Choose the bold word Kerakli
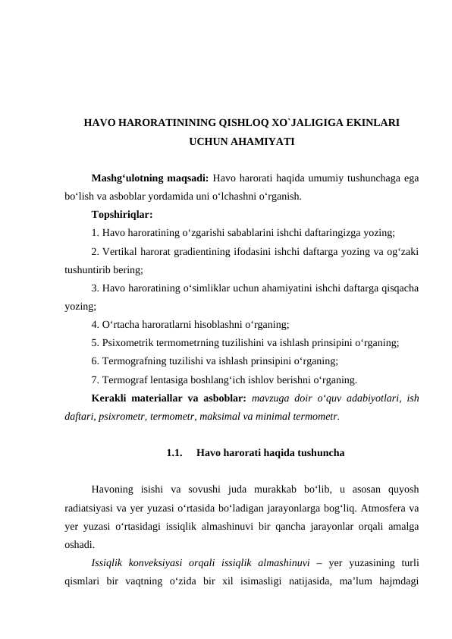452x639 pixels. [110, 397]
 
